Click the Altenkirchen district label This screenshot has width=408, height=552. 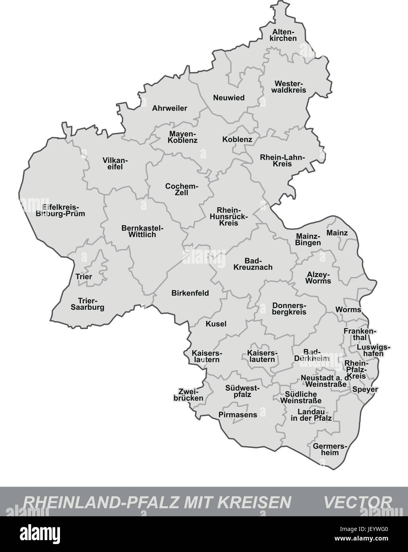click(x=284, y=35)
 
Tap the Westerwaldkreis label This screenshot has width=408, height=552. click(x=290, y=87)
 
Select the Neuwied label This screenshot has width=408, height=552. click(x=229, y=98)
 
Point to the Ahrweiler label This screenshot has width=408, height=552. click(x=170, y=108)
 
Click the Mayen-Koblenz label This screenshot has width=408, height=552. click(x=182, y=137)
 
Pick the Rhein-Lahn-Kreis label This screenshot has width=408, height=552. click(x=282, y=161)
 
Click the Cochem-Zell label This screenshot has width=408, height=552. click(x=182, y=189)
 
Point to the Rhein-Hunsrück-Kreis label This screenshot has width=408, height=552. click(x=227, y=216)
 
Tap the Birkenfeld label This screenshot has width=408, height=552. click(x=190, y=293)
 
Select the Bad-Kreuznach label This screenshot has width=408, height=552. click(x=253, y=264)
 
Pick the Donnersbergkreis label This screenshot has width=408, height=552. click(x=289, y=309)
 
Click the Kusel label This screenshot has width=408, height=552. click(x=216, y=324)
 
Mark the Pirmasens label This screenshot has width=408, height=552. click(x=238, y=415)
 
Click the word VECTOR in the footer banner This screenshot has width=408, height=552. click(x=357, y=501)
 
